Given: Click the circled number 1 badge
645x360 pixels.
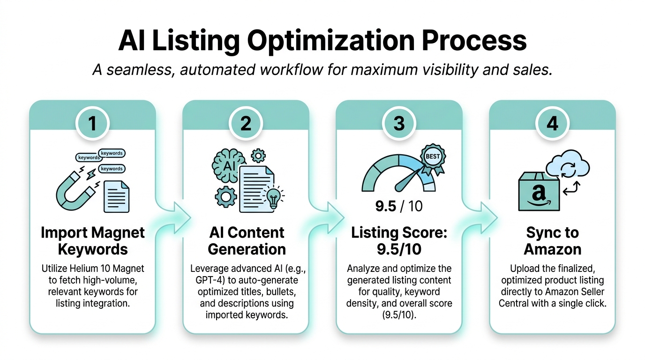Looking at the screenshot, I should click(92, 123).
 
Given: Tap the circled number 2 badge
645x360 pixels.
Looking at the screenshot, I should click(246, 123).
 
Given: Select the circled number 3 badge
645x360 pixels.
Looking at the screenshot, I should click(399, 123).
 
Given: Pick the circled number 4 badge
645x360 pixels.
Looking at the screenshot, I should click(553, 123).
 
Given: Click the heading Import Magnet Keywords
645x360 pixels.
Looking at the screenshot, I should click(92, 240).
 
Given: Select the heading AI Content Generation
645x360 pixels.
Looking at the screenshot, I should click(246, 240).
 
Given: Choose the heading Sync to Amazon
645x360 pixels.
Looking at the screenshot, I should click(553, 240).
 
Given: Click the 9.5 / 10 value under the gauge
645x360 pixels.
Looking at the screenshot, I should click(399, 206).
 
